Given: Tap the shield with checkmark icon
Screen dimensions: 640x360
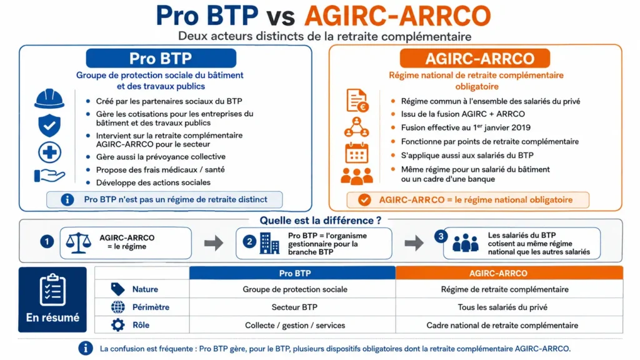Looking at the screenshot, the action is (49, 125).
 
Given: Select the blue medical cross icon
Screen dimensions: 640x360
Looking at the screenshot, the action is (49, 152).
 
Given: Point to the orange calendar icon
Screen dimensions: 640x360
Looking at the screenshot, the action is (357, 153).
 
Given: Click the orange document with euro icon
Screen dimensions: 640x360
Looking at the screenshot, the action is (357, 101).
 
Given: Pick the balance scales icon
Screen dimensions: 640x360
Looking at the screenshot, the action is (78, 243).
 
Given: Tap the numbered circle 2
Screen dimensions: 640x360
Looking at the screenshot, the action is (249, 242).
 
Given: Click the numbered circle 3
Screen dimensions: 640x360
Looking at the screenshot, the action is (441, 236).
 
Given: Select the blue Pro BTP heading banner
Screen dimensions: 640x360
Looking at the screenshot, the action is (161, 58).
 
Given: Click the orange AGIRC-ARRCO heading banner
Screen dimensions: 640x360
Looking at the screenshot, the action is (475, 58).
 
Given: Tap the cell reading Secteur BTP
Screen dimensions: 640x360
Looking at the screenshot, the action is (294, 307).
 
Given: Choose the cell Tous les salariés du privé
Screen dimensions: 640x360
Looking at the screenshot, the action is (502, 307).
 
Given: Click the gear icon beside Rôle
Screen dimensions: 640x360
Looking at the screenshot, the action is (118, 325).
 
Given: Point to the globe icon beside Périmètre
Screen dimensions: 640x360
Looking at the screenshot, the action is (118, 307).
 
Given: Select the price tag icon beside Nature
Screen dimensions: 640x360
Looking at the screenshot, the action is (118, 289).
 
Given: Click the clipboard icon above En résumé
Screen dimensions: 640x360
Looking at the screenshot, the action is (52, 289).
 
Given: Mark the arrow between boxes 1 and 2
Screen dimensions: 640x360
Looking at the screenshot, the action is (214, 243).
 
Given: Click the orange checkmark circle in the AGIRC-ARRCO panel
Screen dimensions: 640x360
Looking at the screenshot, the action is (364, 200).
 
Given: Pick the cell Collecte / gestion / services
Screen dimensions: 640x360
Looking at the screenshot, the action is (295, 325).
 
